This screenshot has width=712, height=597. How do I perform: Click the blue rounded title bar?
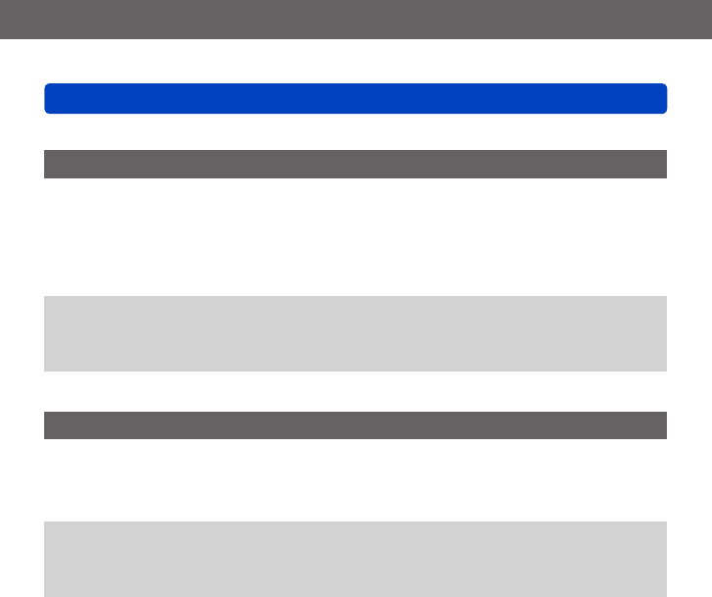355,98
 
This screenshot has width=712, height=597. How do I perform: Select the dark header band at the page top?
355,19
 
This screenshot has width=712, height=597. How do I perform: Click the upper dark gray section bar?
355,164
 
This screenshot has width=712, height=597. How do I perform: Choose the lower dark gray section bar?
355,424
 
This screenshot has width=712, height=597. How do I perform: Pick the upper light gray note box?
355,333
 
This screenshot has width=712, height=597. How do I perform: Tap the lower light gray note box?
355,559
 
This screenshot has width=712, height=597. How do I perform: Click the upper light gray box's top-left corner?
46,298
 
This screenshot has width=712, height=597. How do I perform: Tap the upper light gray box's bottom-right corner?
664,369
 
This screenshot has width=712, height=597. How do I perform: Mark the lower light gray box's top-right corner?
664,523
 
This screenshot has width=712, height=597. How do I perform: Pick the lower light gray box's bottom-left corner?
46,594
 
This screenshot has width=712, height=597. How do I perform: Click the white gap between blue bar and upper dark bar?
355,131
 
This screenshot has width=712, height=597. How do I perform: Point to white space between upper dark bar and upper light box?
355,236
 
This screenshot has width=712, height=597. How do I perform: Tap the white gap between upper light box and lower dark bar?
355,391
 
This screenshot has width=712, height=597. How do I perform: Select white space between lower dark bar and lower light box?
355,479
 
